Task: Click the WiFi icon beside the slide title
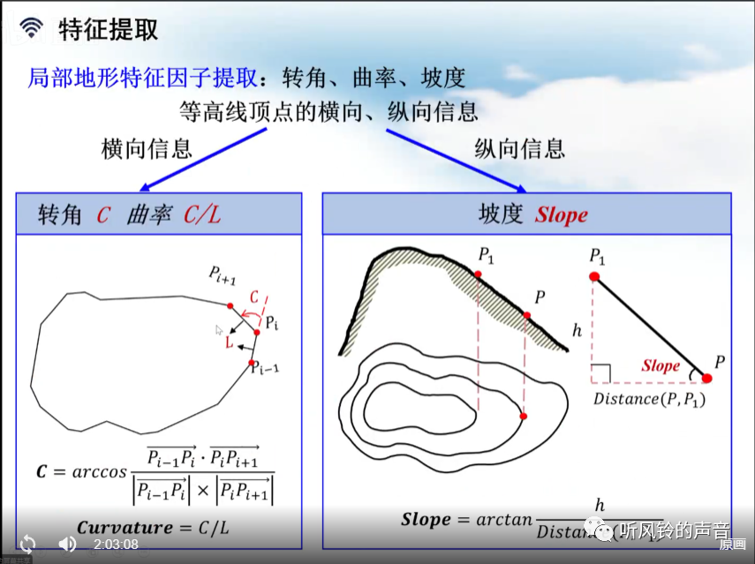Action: [32, 28]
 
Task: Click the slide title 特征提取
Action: [109, 29]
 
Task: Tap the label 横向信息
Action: [147, 148]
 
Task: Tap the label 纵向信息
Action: [519, 148]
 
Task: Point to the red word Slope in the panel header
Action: [561, 215]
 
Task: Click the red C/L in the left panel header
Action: [201, 215]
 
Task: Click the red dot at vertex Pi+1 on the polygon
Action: [230, 306]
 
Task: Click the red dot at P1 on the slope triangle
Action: [594, 276]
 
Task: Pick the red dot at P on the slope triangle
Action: [707, 379]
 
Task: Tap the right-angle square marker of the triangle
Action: [601, 374]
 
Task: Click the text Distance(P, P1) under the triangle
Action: [649, 399]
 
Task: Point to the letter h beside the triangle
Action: [578, 331]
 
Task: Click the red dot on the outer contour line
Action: [524, 416]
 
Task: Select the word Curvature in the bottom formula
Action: [125, 528]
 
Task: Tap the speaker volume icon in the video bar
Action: [67, 544]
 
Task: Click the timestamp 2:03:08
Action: [116, 544]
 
